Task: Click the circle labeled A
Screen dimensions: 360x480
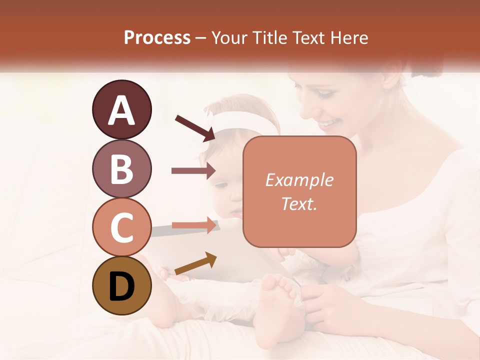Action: point(121,109)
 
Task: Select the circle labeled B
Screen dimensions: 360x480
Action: point(121,168)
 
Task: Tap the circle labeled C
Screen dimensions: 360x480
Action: point(121,227)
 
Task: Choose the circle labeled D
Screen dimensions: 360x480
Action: point(121,286)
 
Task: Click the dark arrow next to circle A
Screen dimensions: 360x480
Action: point(195,126)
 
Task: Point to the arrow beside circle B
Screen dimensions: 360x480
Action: point(193,171)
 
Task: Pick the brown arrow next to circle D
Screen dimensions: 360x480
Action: point(195,263)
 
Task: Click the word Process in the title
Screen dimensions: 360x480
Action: point(157,37)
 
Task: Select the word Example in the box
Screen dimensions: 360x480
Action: point(299,180)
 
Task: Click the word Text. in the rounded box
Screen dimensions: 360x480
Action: point(299,203)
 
